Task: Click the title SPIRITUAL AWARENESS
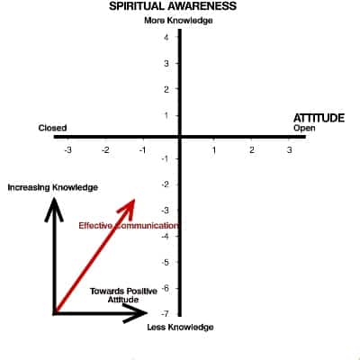click(x=173, y=6)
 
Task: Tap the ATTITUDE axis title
click(x=319, y=118)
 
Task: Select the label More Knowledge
click(x=178, y=21)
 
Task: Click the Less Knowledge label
click(x=180, y=327)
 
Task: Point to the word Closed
click(x=52, y=128)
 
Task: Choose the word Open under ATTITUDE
click(x=304, y=128)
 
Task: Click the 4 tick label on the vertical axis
click(x=166, y=37)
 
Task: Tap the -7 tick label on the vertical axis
click(x=165, y=314)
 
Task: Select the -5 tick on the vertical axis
click(x=165, y=262)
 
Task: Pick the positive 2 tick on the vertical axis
click(x=166, y=89)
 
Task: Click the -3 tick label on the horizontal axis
click(x=68, y=149)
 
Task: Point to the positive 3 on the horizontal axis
click(x=289, y=149)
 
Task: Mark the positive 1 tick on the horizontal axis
click(x=214, y=149)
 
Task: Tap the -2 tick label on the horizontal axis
click(x=105, y=149)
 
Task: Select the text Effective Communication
click(x=128, y=226)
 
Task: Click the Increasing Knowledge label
click(x=53, y=187)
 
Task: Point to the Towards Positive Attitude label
click(x=123, y=295)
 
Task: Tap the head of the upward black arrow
click(x=54, y=209)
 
